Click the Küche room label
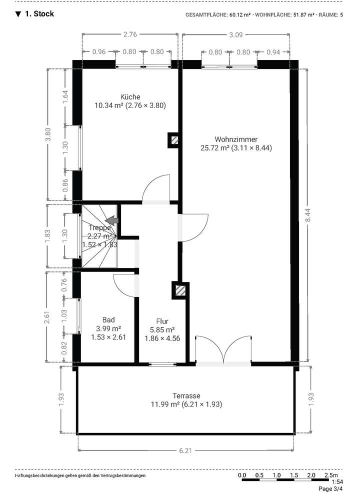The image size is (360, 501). pyautogui.click(x=130, y=97)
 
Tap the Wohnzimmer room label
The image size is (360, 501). pyautogui.click(x=236, y=139)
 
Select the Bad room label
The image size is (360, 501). pyautogui.click(x=108, y=320)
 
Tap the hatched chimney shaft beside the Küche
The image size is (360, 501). pyautogui.click(x=173, y=140)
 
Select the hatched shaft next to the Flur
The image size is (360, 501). pyautogui.click(x=180, y=290)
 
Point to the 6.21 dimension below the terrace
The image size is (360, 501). pyautogui.click(x=185, y=450)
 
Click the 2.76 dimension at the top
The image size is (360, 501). pyautogui.click(x=130, y=34)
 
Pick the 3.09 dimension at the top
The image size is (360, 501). pyautogui.click(x=235, y=34)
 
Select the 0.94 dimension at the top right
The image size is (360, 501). pyautogui.click(x=273, y=51)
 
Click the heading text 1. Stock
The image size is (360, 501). pyautogui.click(x=39, y=14)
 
